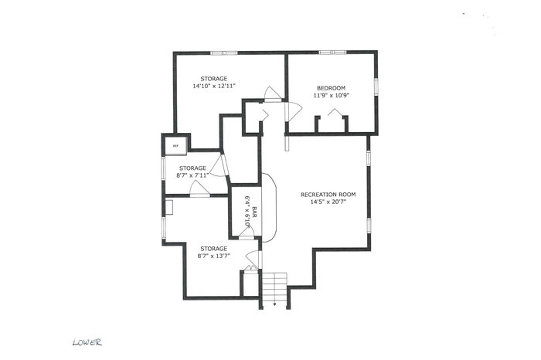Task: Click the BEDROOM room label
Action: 331,88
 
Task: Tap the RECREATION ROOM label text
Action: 328,195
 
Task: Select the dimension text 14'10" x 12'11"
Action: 214,86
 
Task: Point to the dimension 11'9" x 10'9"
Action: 332,96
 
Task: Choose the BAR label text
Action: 254,212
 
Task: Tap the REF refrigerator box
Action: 175,146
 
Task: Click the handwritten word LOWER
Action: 87,342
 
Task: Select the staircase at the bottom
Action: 274,289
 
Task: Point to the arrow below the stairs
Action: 274,304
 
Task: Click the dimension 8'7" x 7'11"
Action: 192,175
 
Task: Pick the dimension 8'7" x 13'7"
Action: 214,256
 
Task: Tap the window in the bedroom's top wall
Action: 332,53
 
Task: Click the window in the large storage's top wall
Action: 224,53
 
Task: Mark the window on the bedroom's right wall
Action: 377,86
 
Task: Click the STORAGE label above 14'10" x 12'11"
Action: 214,79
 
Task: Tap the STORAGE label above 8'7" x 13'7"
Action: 214,249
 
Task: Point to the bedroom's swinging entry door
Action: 293,110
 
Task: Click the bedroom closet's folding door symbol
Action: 334,113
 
